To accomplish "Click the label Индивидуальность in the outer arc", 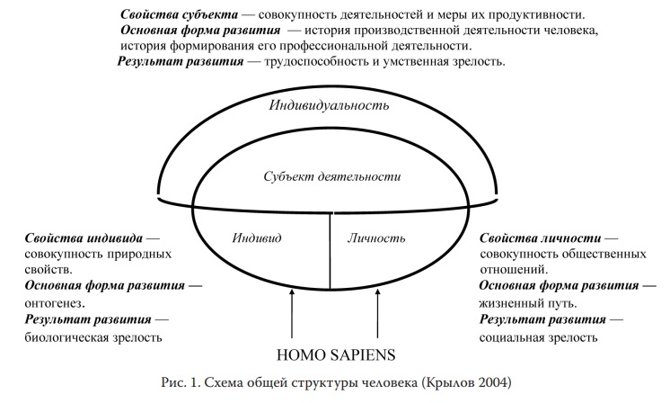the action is point(329,105).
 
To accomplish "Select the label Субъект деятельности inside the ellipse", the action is point(332,176).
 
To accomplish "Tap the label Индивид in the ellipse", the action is point(257,237).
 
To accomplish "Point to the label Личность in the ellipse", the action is point(376,237).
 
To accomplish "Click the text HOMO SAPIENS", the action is point(336,355).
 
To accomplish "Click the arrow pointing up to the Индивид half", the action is point(292,314).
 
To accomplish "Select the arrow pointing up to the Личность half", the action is point(377,314).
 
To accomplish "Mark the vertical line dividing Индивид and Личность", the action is point(330,251).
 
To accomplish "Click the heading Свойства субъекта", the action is point(179,14).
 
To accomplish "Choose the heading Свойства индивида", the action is point(84,237).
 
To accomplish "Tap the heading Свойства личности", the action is point(540,237).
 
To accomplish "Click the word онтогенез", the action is point(53,303).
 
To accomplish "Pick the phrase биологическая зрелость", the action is point(93,337).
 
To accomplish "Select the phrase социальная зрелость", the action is point(538,337).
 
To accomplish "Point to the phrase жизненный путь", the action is point(526,303).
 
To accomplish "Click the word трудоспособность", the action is point(317,61).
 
